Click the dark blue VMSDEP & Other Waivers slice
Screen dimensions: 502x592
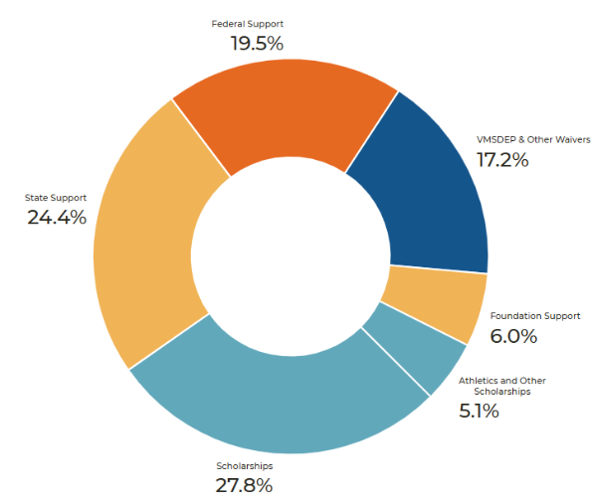coord(423,189)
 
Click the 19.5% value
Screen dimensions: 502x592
coord(257,43)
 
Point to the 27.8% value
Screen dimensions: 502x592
coord(244,485)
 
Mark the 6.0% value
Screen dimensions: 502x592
coord(513,336)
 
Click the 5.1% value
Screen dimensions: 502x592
coord(478,411)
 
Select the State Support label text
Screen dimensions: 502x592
coord(56,198)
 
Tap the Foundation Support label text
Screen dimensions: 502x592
coord(535,316)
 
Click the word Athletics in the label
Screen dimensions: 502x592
coord(477,381)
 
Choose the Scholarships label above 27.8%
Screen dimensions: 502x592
coord(244,465)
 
